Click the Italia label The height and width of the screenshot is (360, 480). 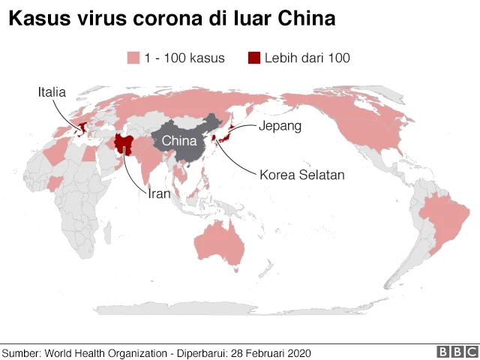(52, 92)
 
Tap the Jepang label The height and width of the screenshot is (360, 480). (280, 126)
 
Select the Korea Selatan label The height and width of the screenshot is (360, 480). (301, 175)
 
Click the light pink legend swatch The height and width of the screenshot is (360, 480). (134, 58)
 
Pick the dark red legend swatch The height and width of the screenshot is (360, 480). (254, 58)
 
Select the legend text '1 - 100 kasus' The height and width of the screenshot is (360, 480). (184, 58)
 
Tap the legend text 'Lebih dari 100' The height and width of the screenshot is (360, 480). (307, 58)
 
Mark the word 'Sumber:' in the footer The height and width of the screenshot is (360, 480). (22, 352)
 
